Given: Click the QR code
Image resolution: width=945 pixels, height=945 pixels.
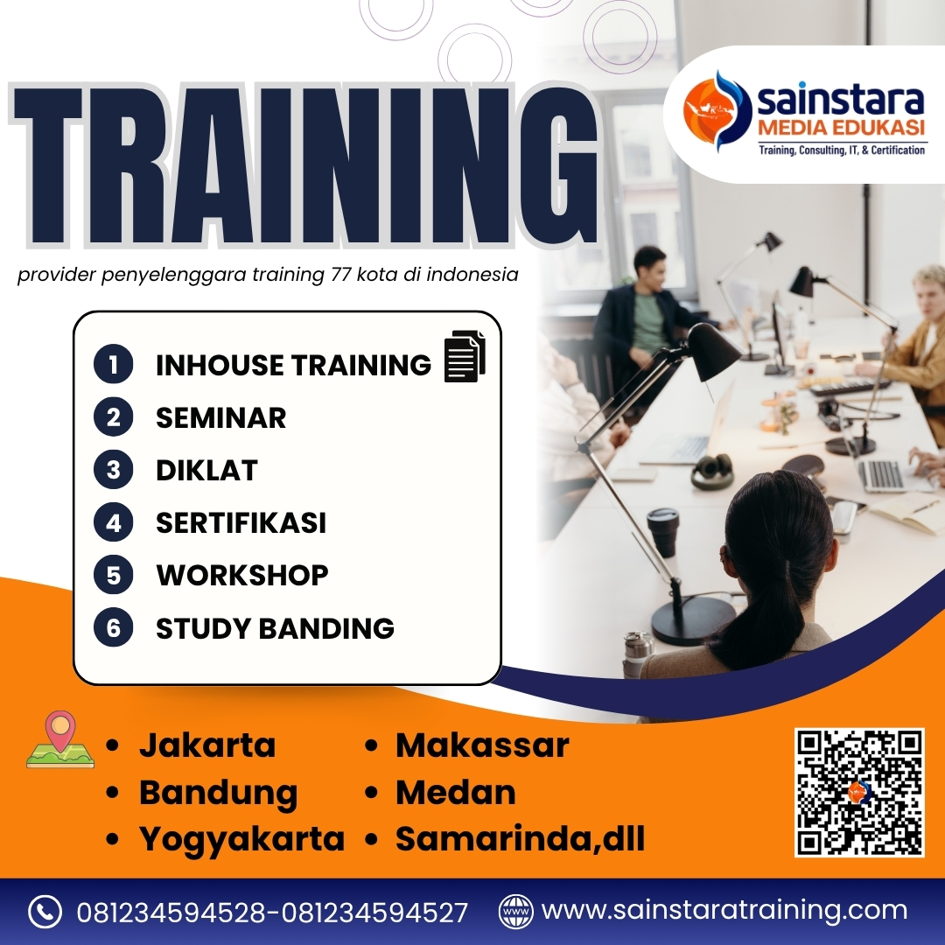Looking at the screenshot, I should click(x=859, y=792).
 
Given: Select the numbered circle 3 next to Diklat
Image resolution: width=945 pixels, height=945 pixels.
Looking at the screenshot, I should click(x=113, y=471).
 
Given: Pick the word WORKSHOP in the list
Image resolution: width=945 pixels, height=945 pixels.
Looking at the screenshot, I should click(x=241, y=576).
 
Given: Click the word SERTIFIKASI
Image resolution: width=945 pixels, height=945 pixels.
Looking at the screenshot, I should click(x=241, y=523).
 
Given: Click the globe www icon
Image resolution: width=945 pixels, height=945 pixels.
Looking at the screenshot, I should click(x=515, y=912).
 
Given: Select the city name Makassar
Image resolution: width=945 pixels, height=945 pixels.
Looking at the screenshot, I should click(x=482, y=745).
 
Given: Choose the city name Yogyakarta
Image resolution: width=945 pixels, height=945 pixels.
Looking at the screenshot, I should click(x=241, y=839).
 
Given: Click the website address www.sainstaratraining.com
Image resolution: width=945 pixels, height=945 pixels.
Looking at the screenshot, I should click(x=724, y=911).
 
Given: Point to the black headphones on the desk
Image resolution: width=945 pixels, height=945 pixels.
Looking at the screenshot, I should click(x=712, y=471).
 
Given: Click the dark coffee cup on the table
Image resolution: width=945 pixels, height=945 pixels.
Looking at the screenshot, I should click(x=663, y=531).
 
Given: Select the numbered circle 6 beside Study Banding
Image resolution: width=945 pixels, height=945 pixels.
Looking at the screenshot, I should click(x=113, y=628).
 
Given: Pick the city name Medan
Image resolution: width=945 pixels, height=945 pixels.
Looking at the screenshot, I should click(x=455, y=793).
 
